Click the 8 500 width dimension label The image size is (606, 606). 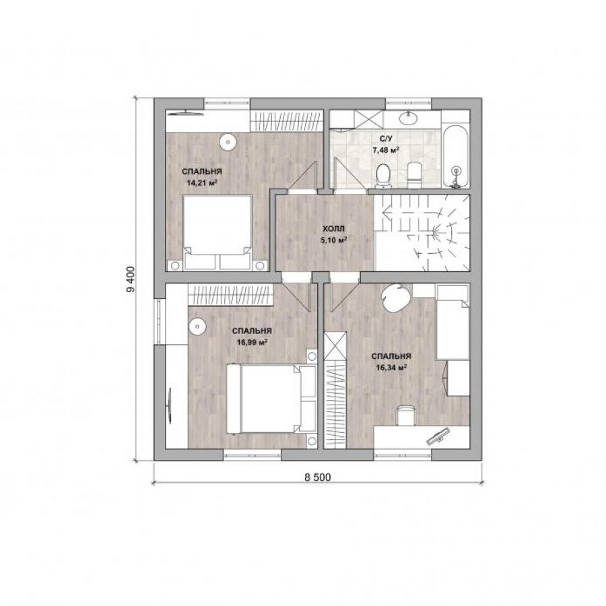(318, 477)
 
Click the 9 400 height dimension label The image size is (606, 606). (131, 279)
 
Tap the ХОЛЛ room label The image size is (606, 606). (333, 229)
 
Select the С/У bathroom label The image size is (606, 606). (385, 138)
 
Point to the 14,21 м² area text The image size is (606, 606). (202, 182)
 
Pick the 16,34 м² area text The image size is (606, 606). (391, 368)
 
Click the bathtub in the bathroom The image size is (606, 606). (456, 156)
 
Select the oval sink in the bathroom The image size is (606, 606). (408, 117)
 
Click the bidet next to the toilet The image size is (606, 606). (414, 176)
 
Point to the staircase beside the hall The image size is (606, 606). (422, 233)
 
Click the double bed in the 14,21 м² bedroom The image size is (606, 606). (217, 232)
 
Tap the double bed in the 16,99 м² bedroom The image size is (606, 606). (271, 399)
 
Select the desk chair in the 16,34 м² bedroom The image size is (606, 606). (406, 415)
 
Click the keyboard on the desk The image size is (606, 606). (438, 436)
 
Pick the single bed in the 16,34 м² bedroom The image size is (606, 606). (453, 323)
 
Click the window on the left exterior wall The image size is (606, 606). (159, 321)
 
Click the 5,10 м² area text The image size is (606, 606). (333, 240)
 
